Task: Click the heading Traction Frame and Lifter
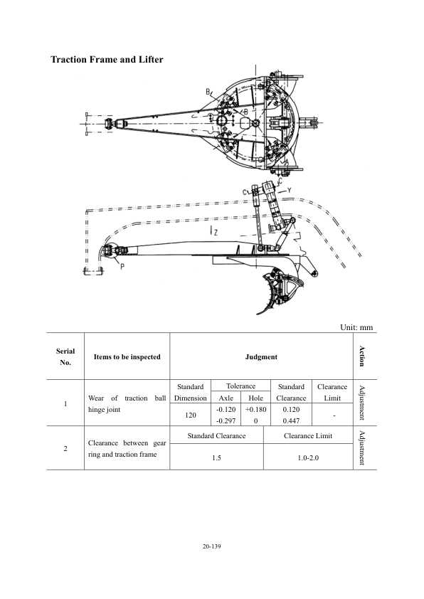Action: (x=107, y=60)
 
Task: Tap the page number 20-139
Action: (x=211, y=546)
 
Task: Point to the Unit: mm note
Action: (x=356, y=327)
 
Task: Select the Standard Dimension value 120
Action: (x=190, y=415)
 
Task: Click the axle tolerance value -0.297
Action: (x=226, y=420)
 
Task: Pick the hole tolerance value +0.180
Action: (x=255, y=409)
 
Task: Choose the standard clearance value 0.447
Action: (x=291, y=420)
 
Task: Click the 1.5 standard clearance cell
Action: (x=216, y=457)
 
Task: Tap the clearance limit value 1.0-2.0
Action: (x=308, y=457)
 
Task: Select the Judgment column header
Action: (x=261, y=357)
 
